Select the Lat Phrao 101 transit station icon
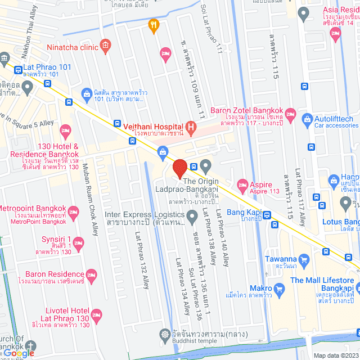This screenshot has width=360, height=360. pyautogui.click(x=18, y=71)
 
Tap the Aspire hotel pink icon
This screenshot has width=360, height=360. pyautogui.click(x=243, y=184)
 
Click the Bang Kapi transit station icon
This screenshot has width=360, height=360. pyautogui.click(x=267, y=215)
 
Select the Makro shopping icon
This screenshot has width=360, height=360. pyautogui.click(x=280, y=290)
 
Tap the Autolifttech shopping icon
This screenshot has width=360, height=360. pyautogui.click(x=307, y=119)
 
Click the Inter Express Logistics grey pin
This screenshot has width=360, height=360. pyautogui.click(x=192, y=215)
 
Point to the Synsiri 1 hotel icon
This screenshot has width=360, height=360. pyautogui.click(x=79, y=243)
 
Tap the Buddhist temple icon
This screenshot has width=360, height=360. pyautogui.click(x=164, y=349)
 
